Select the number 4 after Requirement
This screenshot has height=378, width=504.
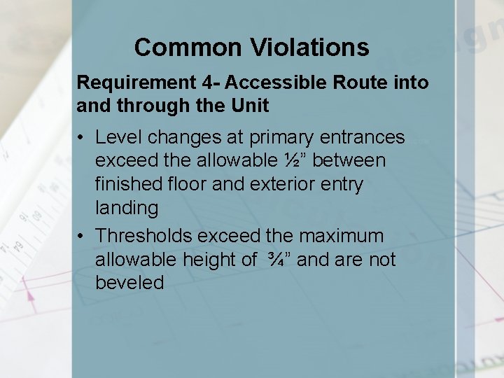click(x=204, y=83)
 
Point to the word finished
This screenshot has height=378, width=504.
click(x=125, y=184)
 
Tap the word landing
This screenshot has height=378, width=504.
click(x=126, y=208)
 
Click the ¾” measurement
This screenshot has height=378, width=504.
click(x=277, y=260)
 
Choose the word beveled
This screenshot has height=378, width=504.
click(x=129, y=283)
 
